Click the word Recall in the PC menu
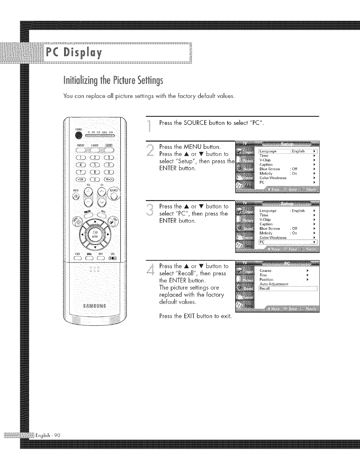[264, 288]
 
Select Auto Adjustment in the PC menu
[274, 284]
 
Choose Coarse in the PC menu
[265, 271]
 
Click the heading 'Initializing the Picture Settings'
[113, 81]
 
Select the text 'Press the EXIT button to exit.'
[195, 315]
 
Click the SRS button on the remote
[113, 257]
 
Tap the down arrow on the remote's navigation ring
[95, 246]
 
